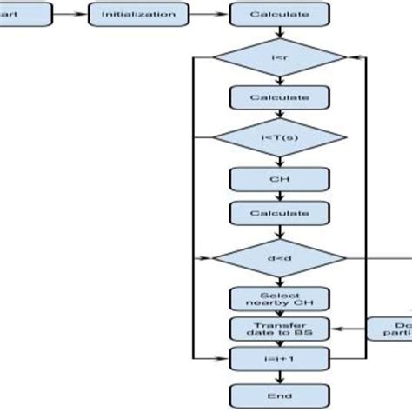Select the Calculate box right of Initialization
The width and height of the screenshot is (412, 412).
tap(280, 15)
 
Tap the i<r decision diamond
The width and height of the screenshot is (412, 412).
tap(280, 58)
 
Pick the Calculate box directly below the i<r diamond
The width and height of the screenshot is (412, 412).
tap(280, 97)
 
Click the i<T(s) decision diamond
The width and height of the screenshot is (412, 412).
tap(280, 136)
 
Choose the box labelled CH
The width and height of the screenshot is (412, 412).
tap(280, 180)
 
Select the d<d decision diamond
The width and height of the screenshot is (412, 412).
tap(280, 258)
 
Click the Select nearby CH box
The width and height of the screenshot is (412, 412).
tap(280, 299)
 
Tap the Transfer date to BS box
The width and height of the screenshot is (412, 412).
tap(280, 329)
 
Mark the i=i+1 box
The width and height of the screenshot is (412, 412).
tap(280, 357)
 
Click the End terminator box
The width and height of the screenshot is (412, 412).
tap(280, 393)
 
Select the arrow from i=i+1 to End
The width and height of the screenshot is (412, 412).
tap(280, 375)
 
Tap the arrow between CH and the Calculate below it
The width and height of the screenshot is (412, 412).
tap(280, 196)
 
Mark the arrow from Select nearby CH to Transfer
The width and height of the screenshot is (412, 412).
tap(280, 314)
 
